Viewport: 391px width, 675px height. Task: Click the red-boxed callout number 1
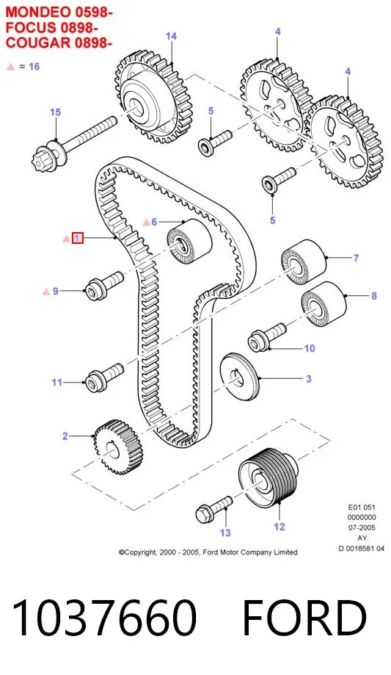(78, 238)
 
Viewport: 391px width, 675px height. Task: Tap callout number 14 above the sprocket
(171, 36)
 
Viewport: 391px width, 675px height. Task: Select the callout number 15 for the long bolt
(56, 112)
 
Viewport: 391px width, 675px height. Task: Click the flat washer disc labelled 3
(240, 377)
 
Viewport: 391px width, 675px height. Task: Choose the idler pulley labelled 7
(303, 261)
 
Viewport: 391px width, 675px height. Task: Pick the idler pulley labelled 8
(324, 303)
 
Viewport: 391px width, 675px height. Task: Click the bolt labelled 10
(267, 336)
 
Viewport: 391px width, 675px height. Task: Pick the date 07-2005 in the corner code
(362, 527)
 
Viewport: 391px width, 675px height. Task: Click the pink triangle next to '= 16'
(11, 67)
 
